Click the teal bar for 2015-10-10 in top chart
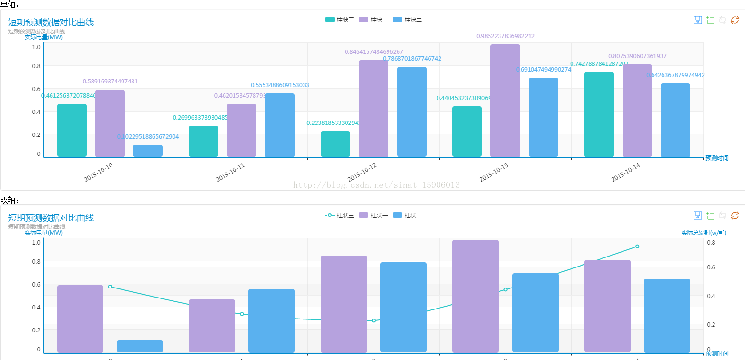click(72, 130)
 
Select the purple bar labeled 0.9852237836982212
click(505, 101)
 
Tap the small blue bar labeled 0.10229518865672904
click(148, 151)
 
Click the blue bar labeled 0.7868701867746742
click(411, 112)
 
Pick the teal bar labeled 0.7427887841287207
click(599, 114)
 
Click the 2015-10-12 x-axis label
click(362, 172)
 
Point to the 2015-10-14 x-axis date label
click(625, 172)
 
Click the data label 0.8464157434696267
click(374, 52)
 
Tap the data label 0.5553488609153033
click(280, 85)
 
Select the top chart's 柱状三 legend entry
click(339, 20)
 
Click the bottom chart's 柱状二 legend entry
click(407, 216)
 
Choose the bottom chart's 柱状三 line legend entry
click(339, 216)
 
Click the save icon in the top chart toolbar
click(697, 20)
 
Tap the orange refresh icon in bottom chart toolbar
click(735, 216)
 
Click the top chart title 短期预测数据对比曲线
click(51, 22)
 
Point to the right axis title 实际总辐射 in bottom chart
click(703, 233)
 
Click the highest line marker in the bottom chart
click(637, 247)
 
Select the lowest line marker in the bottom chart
click(374, 320)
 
